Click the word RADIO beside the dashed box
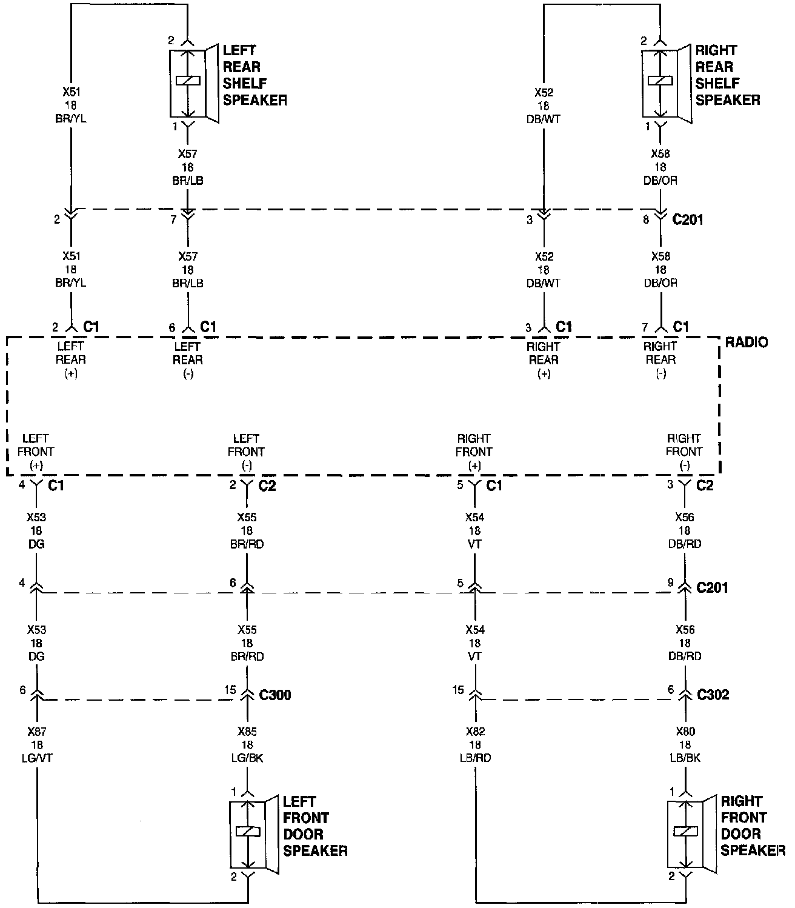pos(746,342)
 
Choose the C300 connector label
pos(275,695)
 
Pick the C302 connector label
pos(713,695)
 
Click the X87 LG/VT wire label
pos(37,744)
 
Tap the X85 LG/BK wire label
pos(247,744)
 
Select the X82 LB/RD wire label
pos(474,744)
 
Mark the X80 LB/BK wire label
pos(685,744)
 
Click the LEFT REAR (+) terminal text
pos(71,360)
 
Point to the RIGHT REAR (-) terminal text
pos(660,360)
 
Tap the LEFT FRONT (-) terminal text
pos(246,452)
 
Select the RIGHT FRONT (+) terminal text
pos(474,452)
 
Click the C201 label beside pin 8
pos(688,219)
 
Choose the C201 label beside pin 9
pos(713,587)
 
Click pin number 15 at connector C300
pos(230,690)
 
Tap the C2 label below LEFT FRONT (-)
pos(267,486)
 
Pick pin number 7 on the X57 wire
pos(173,219)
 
